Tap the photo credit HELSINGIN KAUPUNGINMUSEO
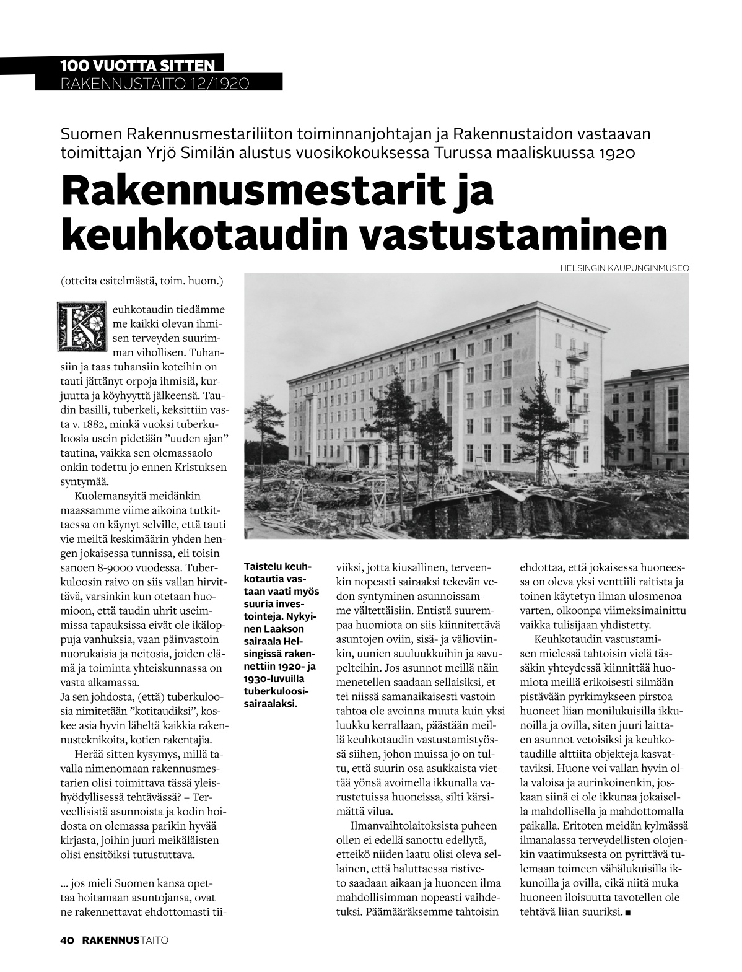point(624,268)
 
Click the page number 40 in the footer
point(67,940)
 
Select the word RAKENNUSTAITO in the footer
point(126,940)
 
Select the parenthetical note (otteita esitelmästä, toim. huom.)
point(142,281)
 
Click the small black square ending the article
point(629,913)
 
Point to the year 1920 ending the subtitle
point(616,153)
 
